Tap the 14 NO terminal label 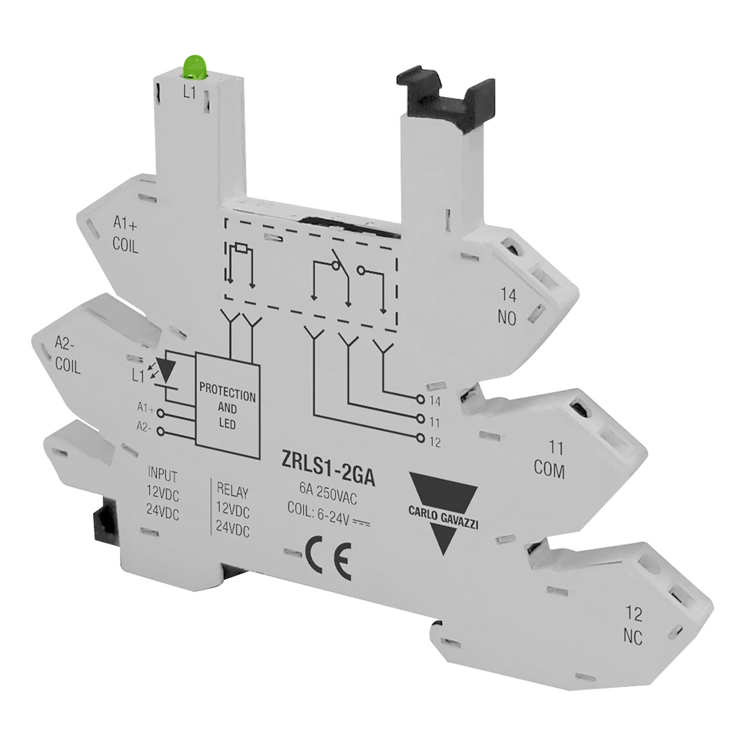point(508,308)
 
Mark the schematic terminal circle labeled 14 point(420,400)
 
